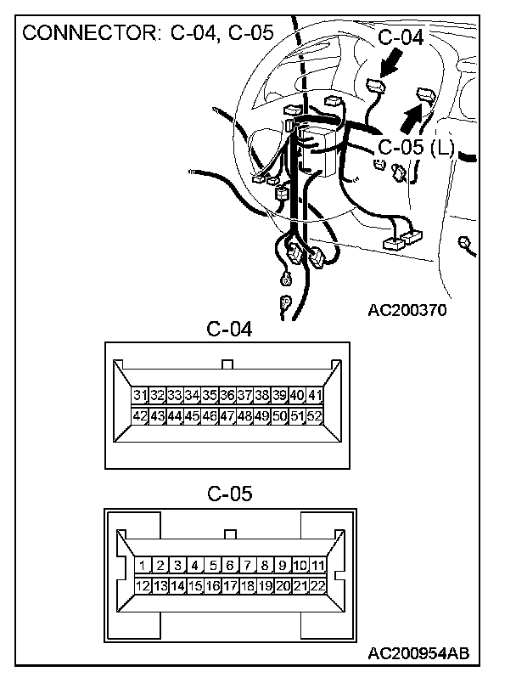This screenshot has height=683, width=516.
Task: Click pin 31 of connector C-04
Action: pos(140,396)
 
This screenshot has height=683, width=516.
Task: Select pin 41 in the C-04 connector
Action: pos(315,396)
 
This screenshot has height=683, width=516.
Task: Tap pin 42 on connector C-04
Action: pos(140,416)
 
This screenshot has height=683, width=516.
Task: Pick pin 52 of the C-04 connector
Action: pos(315,416)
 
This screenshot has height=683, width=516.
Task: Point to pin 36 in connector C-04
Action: pos(227,396)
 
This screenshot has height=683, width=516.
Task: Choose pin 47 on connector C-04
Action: pos(227,416)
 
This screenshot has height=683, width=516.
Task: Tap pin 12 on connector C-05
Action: pos(143,586)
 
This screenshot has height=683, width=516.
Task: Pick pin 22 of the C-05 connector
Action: pos(317,586)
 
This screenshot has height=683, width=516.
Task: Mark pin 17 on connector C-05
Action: pos(230,586)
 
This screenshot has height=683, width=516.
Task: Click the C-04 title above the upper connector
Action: pos(229,329)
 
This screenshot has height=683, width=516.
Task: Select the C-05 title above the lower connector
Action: pos(229,494)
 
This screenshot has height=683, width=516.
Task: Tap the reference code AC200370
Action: pos(407,309)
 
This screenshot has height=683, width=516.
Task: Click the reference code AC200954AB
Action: pos(418,653)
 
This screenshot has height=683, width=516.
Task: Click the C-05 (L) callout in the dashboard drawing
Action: pos(416,148)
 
